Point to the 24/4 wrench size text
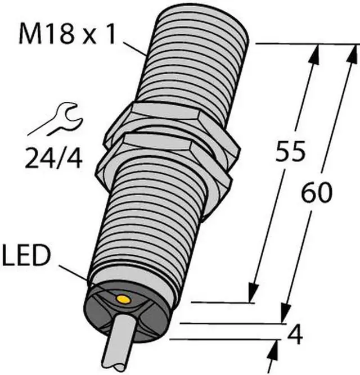click(x=53, y=158)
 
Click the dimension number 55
click(x=290, y=151)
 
